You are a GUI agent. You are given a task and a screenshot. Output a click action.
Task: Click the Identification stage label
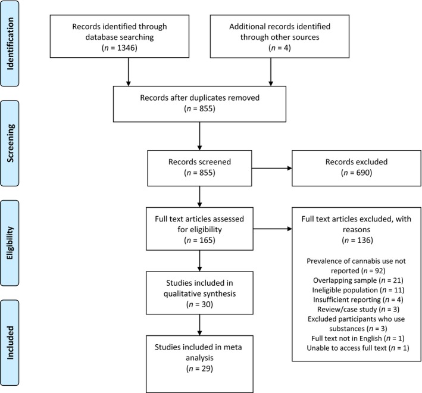10,43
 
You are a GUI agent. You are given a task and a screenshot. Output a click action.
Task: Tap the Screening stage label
10,143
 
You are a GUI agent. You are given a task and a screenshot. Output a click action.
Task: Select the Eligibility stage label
10,243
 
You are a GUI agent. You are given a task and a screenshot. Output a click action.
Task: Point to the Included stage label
10,342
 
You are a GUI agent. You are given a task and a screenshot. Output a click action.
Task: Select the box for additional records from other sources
280,36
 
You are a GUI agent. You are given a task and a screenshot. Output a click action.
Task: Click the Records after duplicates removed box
199,104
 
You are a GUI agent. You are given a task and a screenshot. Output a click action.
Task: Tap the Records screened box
199,169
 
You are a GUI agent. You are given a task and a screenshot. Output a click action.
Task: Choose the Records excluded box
357,169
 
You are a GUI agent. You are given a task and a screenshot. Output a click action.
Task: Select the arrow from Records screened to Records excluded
272,169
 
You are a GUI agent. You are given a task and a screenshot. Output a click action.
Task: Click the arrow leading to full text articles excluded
273,229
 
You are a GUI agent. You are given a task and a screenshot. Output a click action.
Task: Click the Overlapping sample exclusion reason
358,280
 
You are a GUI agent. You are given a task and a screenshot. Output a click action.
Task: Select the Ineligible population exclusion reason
358,290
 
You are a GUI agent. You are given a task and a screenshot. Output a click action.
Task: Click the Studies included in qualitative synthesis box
199,293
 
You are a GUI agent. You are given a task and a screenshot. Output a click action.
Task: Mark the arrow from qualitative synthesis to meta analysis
199,325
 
